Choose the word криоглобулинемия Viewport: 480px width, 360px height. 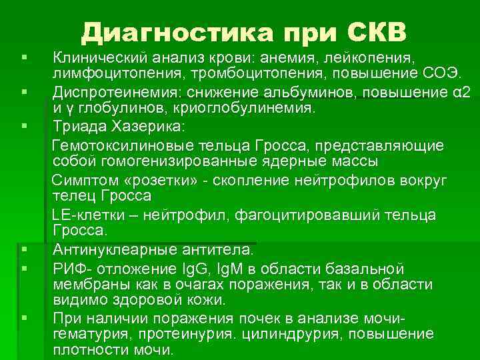coord(239,107)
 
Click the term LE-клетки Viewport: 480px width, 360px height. coord(85,215)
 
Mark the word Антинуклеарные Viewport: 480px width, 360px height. coord(111,251)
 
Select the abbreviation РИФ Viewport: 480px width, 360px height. coord(69,269)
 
